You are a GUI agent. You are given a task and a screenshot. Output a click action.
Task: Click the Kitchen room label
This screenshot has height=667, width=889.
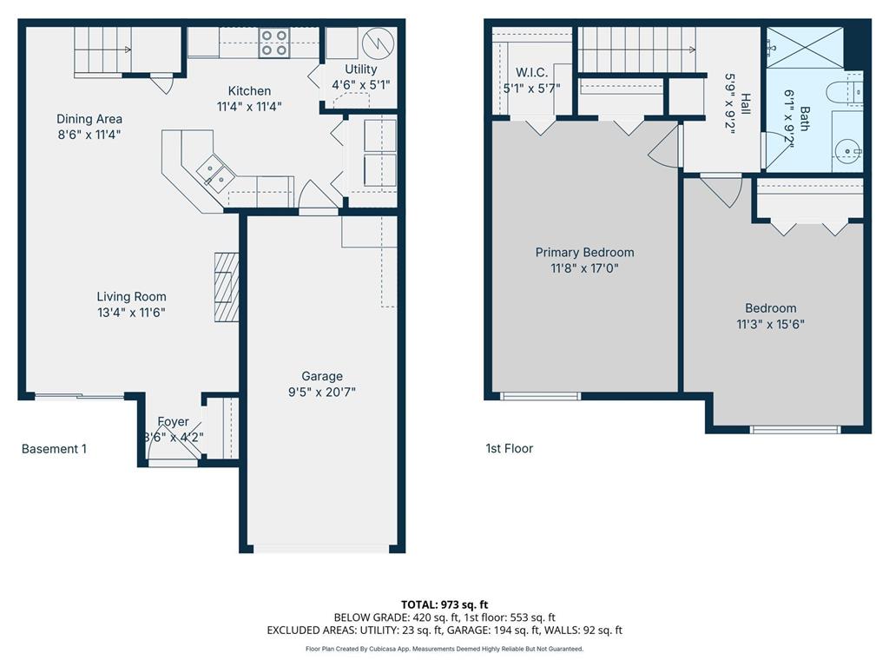tap(249, 91)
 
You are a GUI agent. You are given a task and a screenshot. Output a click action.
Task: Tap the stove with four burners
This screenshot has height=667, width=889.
tap(275, 43)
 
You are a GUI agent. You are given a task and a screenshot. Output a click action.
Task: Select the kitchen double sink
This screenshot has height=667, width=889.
tap(214, 171)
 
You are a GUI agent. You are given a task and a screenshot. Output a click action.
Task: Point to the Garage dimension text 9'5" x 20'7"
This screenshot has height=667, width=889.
tap(322, 392)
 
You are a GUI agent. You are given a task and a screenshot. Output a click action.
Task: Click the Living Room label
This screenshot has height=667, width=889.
tap(131, 296)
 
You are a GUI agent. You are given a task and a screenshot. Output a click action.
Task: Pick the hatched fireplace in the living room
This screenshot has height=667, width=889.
tap(227, 287)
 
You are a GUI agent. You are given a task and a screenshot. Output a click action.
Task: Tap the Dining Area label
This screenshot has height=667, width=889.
tap(89, 119)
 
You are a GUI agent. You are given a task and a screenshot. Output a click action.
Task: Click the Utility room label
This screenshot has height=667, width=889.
tap(361, 69)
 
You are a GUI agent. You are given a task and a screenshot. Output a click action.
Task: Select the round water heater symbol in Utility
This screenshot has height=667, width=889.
tap(378, 42)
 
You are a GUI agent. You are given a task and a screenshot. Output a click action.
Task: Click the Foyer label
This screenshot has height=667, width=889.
tap(173, 422)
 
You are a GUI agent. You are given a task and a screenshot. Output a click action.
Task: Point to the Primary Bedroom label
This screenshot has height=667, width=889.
tap(584, 253)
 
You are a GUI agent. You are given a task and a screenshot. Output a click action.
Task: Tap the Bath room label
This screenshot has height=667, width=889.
tap(805, 116)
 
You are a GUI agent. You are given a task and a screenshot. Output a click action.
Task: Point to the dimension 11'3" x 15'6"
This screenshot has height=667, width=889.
tap(770, 324)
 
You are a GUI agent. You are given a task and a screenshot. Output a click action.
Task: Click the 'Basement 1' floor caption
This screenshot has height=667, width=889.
tap(54, 449)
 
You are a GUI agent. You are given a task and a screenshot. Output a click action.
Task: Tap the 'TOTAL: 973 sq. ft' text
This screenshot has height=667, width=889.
tap(444, 604)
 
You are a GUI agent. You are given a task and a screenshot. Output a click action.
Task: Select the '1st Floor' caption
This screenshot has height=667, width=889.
tap(510, 449)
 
